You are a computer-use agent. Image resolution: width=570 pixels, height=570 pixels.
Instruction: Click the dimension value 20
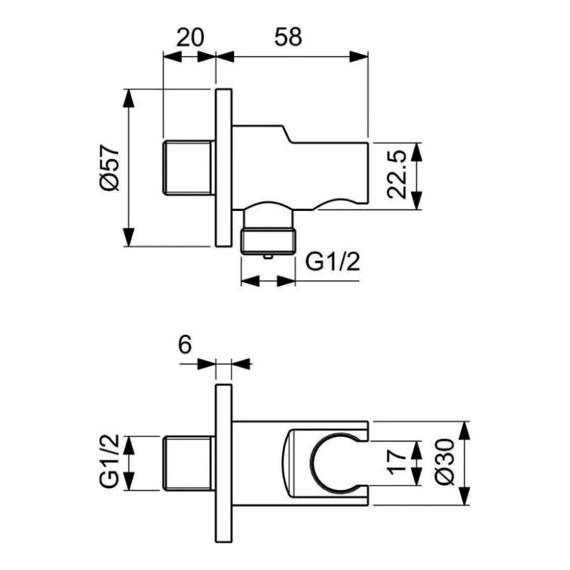[190, 37]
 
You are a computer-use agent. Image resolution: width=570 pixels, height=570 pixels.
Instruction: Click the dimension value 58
[288, 37]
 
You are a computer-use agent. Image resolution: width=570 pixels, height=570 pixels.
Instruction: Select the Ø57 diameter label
[110, 168]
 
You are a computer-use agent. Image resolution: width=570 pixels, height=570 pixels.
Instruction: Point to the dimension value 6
[185, 344]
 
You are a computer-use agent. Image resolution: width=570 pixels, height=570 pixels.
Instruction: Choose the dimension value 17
[397, 462]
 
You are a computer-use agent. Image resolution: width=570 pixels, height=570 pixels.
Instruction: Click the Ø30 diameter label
[445, 462]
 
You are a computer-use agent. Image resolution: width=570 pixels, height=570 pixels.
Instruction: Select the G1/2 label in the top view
[332, 261]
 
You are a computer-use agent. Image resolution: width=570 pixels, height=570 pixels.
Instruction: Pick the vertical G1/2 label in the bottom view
[110, 462]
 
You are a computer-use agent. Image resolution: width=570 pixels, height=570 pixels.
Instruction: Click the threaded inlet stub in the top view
[187, 167]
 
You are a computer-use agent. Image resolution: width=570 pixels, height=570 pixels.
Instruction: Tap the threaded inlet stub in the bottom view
[187, 463]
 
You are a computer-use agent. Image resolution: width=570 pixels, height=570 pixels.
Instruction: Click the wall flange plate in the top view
[224, 167]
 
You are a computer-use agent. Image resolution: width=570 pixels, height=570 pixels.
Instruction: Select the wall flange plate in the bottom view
[224, 463]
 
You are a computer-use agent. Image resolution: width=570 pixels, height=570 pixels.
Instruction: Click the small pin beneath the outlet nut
[268, 256]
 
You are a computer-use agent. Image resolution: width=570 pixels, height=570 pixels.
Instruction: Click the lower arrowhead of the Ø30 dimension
[465, 496]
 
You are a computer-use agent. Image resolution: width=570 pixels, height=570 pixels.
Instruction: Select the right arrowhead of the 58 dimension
[359, 57]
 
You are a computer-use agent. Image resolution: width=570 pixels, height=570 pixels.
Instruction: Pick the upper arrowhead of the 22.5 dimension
[417, 152]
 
